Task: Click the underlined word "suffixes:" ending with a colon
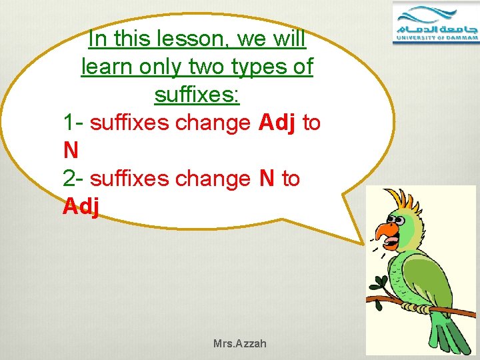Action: point(197,95)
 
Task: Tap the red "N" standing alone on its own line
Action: point(71,151)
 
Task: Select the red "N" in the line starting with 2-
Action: point(267,179)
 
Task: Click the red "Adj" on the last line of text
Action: point(81,207)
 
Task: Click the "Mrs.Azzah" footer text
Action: point(239,344)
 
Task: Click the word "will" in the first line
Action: point(289,39)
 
